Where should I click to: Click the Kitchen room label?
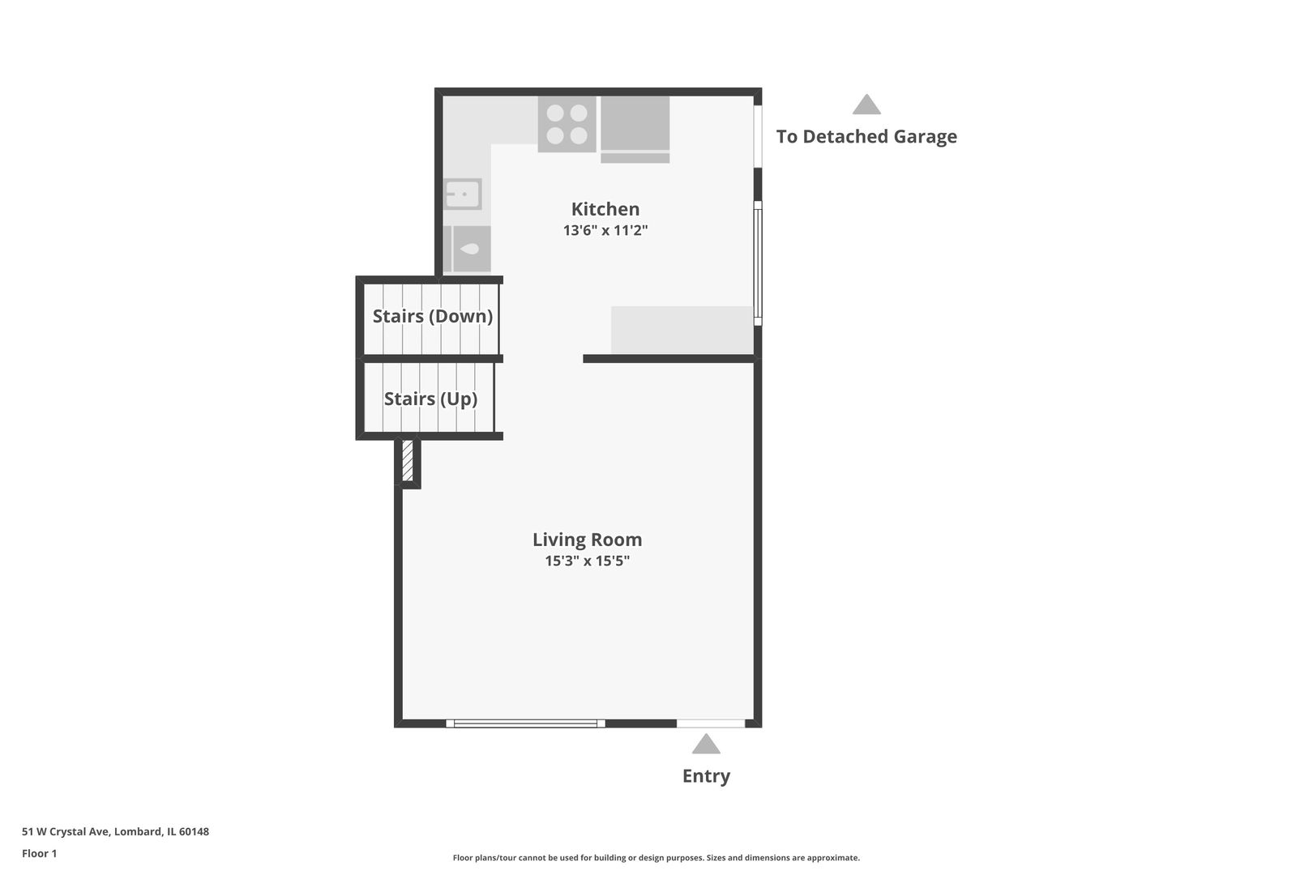point(605,209)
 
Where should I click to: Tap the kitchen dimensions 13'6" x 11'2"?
point(605,230)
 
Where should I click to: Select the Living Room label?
point(587,540)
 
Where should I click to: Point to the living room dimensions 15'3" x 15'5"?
point(587,561)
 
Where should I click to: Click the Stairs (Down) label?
point(433,317)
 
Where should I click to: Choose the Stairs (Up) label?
point(430,399)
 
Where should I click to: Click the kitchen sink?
point(463,194)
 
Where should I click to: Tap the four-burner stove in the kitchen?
point(567,124)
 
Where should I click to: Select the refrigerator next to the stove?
point(635,130)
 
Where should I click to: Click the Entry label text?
point(706,776)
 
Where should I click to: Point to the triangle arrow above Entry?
point(706,744)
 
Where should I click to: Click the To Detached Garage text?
point(866,137)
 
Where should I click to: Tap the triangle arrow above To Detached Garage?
point(866,105)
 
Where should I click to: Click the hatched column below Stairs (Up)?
point(408,461)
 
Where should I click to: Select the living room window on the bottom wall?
point(525,723)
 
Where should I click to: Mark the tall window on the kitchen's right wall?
point(758,263)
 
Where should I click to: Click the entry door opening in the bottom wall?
point(711,723)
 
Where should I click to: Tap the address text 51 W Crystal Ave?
point(66,831)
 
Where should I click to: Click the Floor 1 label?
point(39,853)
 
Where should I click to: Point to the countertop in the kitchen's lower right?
point(682,330)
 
